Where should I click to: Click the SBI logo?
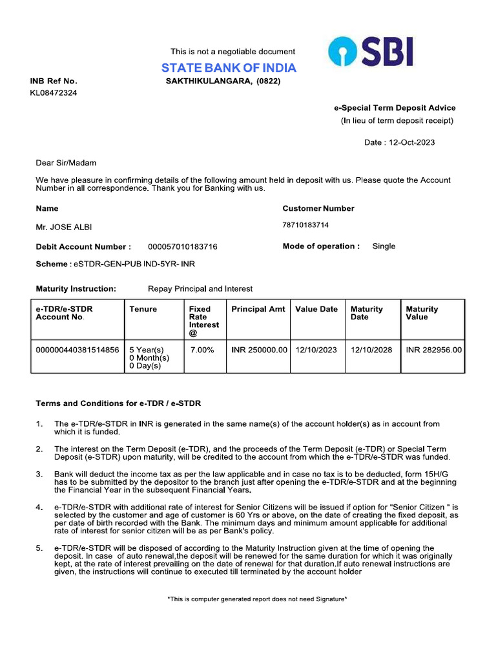[370, 52]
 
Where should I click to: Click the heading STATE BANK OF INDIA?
[229, 68]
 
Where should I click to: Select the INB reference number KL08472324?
[54, 93]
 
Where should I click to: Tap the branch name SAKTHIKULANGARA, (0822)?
[223, 81]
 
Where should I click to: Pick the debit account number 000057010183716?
[183, 247]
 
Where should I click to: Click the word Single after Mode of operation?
[384, 246]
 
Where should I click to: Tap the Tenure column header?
[143, 309]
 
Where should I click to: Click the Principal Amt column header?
[258, 309]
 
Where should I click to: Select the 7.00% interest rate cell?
[202, 350]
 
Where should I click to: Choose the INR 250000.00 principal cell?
[259, 350]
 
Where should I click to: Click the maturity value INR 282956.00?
[434, 350]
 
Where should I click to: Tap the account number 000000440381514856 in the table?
[77, 350]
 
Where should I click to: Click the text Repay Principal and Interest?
[200, 289]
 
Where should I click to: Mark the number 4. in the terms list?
[39, 507]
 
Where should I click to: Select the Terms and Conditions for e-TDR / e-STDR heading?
[118, 403]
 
